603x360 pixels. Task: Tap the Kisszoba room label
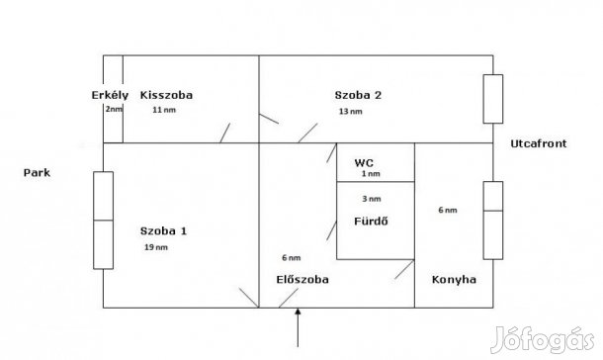166,95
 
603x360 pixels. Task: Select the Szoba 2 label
358,95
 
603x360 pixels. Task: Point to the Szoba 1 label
163,231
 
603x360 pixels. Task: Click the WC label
365,162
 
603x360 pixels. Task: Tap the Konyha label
455,280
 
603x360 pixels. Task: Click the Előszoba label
301,280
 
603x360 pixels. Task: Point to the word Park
38,173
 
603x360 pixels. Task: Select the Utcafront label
538,144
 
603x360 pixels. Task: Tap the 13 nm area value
350,111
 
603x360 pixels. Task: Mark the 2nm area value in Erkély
114,109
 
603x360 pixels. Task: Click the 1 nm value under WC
371,174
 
